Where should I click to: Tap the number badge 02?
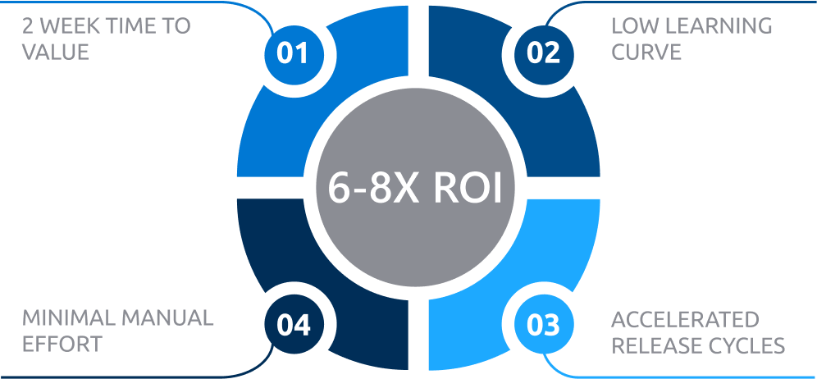(542, 54)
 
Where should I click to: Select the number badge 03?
(542, 325)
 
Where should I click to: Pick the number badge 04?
(293, 325)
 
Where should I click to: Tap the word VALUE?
(56, 53)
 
